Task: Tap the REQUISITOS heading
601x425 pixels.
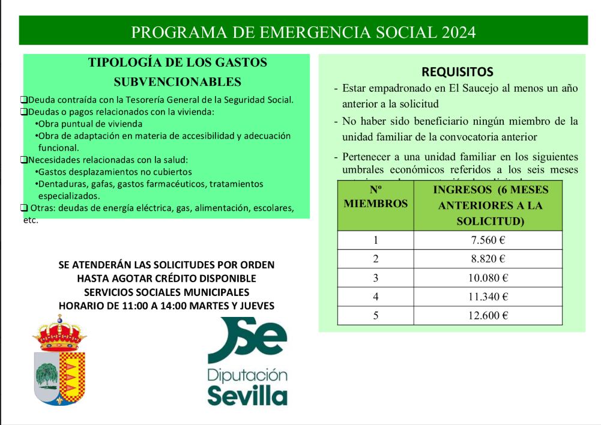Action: click(x=458, y=72)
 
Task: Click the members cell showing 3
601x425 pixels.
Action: click(x=376, y=278)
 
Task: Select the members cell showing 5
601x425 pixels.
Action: click(x=376, y=316)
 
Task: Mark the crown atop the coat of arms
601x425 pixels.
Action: click(x=59, y=334)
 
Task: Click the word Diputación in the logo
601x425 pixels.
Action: click(x=247, y=376)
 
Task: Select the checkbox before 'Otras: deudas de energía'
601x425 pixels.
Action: click(x=23, y=208)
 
